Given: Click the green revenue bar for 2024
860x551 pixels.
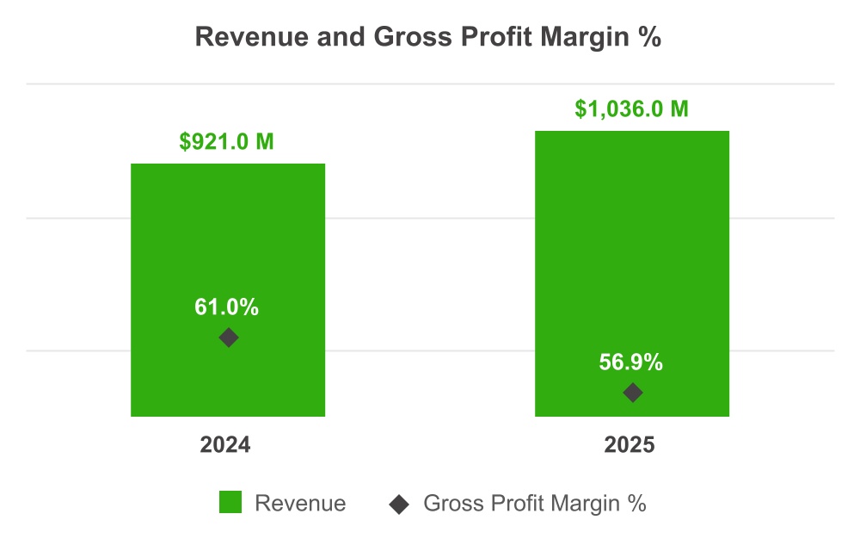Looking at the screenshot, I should (x=227, y=241).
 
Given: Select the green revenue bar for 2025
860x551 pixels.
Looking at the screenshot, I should (x=632, y=241).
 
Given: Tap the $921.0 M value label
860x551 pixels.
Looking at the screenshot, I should (x=227, y=141).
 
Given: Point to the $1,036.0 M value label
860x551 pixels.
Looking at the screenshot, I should (x=632, y=109).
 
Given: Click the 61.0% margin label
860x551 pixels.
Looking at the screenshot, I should (x=227, y=307).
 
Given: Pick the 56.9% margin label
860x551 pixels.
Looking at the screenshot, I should (x=632, y=362).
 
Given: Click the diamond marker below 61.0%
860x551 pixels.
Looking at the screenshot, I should (x=228, y=337).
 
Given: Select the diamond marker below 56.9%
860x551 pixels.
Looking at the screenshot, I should (x=632, y=393).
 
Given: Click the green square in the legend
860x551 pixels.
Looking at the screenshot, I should (x=230, y=503).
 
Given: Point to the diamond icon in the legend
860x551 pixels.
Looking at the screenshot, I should (x=398, y=504).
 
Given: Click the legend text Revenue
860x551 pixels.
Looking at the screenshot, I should (x=300, y=504).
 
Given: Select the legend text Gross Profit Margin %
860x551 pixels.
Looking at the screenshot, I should (x=534, y=504).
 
